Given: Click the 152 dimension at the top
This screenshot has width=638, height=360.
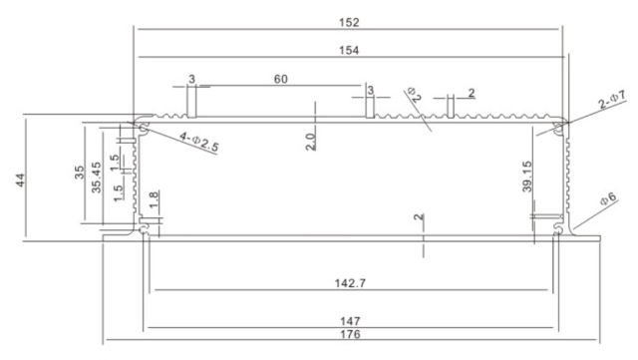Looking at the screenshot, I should [x=349, y=22].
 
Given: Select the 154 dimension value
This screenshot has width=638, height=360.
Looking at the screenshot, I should [x=349, y=49].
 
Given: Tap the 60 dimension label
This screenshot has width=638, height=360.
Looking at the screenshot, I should [x=282, y=78].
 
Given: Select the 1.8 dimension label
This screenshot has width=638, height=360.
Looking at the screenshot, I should [x=153, y=201].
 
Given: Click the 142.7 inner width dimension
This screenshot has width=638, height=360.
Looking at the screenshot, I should [x=349, y=284].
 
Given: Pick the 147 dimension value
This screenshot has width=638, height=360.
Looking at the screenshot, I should [x=349, y=321].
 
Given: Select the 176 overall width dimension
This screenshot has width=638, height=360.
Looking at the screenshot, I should [x=349, y=336].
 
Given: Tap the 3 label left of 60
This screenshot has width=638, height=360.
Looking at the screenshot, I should [x=191, y=78].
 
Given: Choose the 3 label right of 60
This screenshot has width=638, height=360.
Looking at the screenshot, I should [x=370, y=91].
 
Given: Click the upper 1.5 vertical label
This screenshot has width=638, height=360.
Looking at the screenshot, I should [x=116, y=159].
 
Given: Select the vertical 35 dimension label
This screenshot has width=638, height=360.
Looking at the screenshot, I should [x=80, y=172].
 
